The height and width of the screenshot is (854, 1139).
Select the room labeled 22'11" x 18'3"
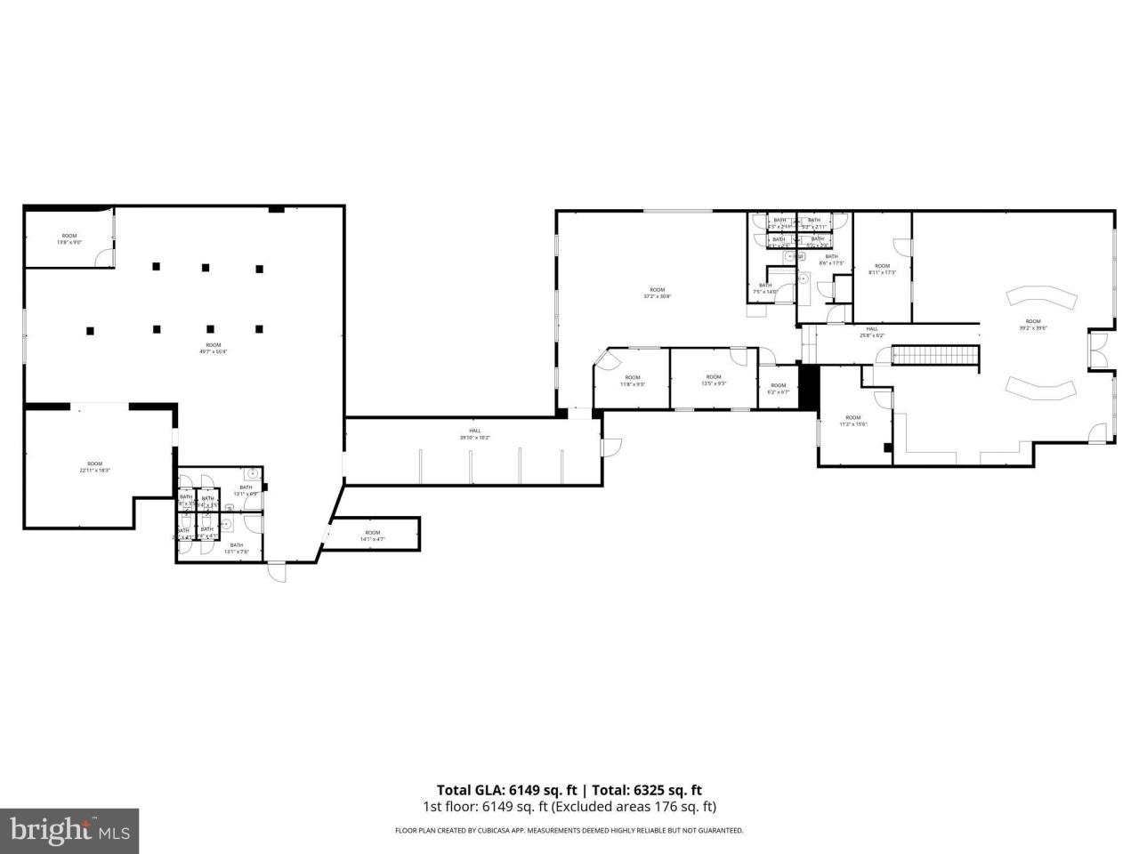94,467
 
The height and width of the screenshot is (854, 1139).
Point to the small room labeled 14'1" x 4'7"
372,536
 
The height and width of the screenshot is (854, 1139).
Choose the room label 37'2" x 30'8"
657,293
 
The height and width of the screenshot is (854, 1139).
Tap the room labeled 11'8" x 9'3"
632,380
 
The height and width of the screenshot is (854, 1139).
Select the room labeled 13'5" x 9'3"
714,380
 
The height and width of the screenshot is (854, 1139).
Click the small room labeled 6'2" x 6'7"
778,389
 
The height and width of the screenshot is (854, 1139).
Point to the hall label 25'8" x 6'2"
871,332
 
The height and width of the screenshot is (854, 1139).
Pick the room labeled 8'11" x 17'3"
882,269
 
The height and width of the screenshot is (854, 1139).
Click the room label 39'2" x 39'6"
1032,325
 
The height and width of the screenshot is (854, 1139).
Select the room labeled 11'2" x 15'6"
852,421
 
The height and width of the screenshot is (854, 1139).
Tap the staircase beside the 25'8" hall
934,356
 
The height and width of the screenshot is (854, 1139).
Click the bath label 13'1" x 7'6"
237,549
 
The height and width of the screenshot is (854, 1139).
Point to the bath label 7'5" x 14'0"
765,288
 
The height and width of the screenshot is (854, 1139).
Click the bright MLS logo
69,831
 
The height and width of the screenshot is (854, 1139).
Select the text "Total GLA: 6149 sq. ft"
506,789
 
